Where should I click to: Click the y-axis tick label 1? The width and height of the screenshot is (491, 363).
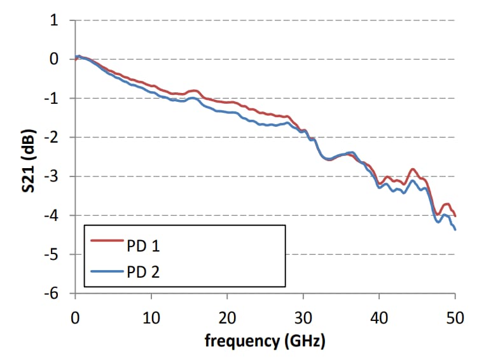tap(55, 20)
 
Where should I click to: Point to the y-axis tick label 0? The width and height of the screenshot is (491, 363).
tap(55, 59)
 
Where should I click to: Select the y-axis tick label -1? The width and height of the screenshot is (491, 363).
tap(52, 99)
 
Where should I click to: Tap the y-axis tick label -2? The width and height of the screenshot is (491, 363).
tap(52, 138)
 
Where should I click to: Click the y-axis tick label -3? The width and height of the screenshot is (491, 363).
tap(52, 176)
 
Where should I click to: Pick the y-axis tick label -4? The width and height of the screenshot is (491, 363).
tap(52, 215)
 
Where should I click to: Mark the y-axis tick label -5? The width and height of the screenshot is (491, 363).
tap(52, 255)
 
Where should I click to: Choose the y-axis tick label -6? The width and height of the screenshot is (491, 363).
tap(52, 294)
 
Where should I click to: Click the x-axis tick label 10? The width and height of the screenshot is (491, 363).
tap(151, 317)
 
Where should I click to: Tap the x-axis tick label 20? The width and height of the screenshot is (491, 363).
tap(227, 317)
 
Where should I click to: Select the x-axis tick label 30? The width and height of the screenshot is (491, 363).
tap(303, 317)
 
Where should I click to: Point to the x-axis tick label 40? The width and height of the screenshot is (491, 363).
tap(379, 317)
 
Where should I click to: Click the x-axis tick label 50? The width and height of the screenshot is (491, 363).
tap(455, 317)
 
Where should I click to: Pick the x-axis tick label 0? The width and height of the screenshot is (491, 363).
tap(76, 317)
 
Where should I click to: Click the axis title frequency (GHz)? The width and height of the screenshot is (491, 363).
tap(265, 341)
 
